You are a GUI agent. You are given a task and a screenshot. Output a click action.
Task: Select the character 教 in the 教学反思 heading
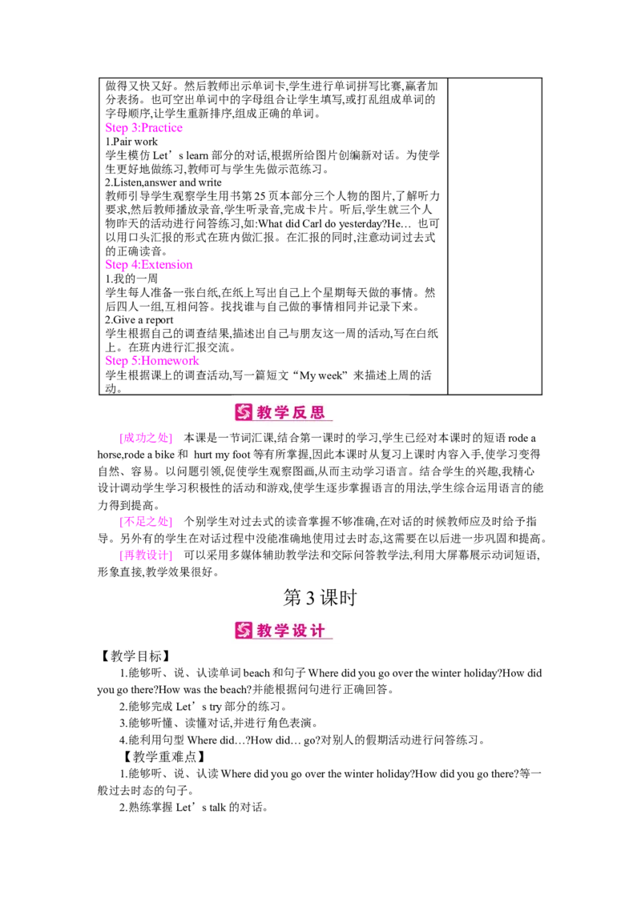(x=265, y=413)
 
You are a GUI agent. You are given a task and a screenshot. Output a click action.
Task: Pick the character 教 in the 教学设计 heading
(x=265, y=631)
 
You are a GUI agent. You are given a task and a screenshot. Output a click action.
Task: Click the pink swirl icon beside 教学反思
(x=244, y=413)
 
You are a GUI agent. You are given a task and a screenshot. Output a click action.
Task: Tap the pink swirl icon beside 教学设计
(x=244, y=631)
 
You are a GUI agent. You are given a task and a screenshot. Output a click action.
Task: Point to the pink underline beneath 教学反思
(x=293, y=422)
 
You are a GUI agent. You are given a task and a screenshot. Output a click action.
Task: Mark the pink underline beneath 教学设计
(x=293, y=639)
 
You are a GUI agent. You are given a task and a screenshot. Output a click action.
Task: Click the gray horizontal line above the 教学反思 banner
(x=320, y=393)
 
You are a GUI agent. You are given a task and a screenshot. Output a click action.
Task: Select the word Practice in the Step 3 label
(x=162, y=128)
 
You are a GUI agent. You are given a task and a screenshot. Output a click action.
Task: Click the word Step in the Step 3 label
(x=115, y=128)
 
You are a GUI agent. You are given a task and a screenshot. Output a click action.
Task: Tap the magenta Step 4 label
(x=149, y=264)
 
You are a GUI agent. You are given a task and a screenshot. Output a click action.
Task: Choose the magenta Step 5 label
(x=152, y=360)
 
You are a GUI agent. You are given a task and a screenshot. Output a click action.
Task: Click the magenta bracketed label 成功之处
(x=145, y=439)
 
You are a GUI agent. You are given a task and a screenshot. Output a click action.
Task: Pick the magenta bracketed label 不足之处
(x=145, y=523)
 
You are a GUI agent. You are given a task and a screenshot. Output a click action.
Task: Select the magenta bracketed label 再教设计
(x=145, y=555)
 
